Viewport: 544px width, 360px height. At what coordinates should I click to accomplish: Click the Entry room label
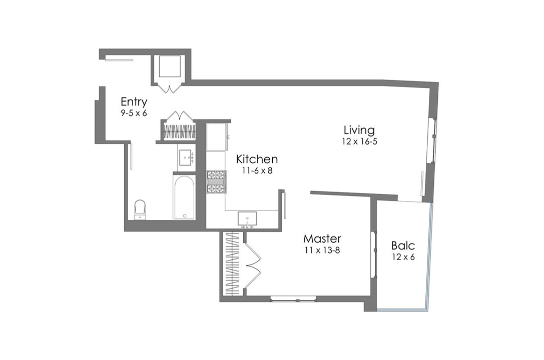(x=134, y=102)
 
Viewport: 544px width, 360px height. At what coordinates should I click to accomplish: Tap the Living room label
(x=359, y=130)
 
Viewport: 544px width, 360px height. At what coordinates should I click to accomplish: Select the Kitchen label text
(x=257, y=159)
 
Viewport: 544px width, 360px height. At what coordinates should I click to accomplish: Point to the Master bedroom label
(x=322, y=238)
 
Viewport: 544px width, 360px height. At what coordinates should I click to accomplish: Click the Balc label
(x=403, y=246)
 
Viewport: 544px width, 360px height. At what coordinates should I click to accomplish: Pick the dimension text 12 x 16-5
(x=359, y=141)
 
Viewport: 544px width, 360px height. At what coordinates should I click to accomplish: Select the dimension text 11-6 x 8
(x=257, y=170)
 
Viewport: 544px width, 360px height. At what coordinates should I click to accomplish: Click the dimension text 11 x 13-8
(x=322, y=249)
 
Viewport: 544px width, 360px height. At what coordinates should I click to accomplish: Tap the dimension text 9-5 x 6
(x=134, y=113)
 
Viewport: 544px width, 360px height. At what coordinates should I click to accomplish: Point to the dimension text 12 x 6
(x=403, y=257)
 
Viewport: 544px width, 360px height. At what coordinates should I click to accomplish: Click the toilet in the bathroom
(x=140, y=209)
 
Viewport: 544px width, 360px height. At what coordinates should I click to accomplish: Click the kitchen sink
(x=247, y=219)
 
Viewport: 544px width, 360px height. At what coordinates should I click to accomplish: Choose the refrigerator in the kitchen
(x=216, y=135)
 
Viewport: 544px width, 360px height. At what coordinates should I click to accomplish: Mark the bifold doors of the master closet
(x=253, y=263)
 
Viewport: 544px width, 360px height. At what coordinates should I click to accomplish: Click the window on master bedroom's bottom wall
(x=293, y=299)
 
